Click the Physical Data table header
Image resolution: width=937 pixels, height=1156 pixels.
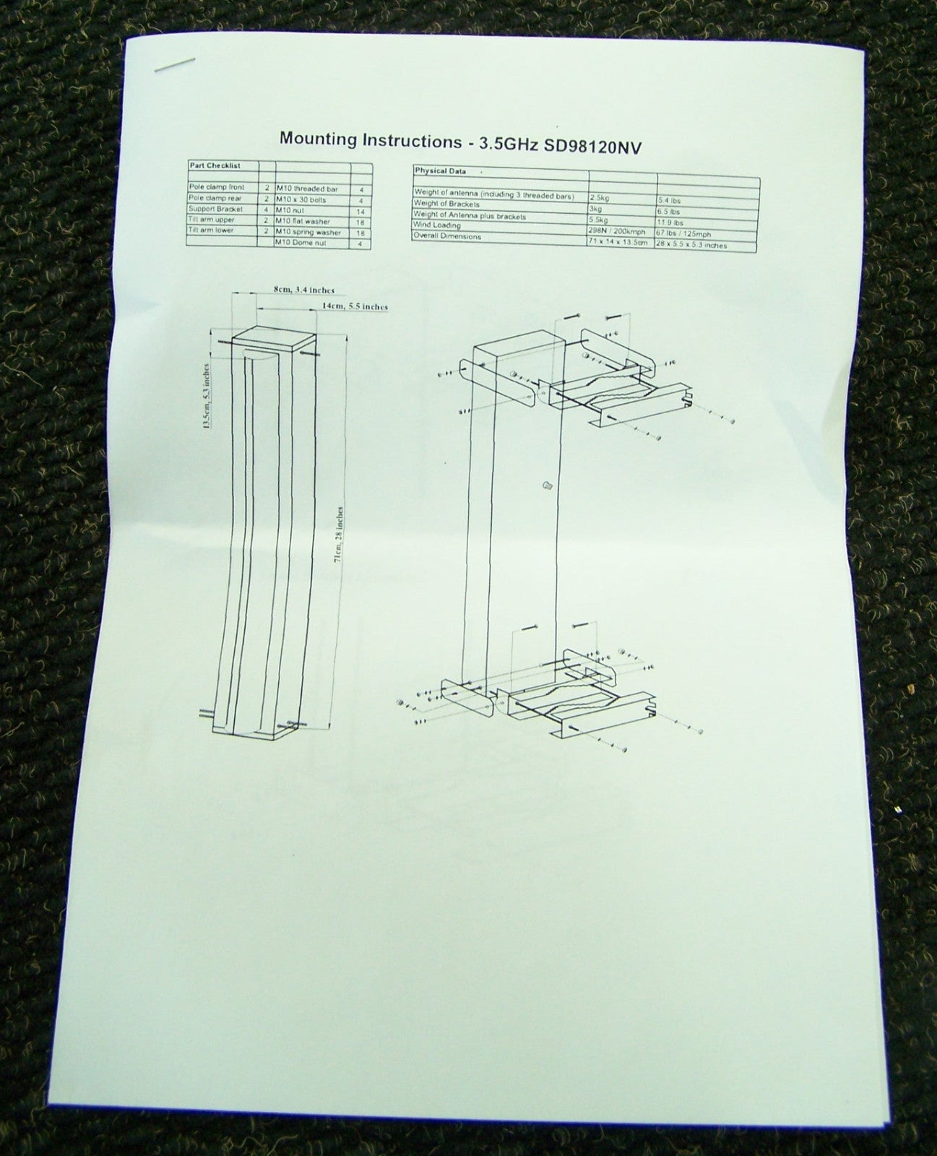[440, 172]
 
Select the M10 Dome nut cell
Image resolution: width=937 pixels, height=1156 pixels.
[301, 243]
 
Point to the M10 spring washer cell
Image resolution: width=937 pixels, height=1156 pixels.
[308, 233]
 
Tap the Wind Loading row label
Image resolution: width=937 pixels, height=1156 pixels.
[437, 225]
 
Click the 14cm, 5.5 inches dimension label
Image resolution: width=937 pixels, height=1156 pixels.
[354, 306]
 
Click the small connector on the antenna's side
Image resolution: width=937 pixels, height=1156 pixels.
[546, 486]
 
